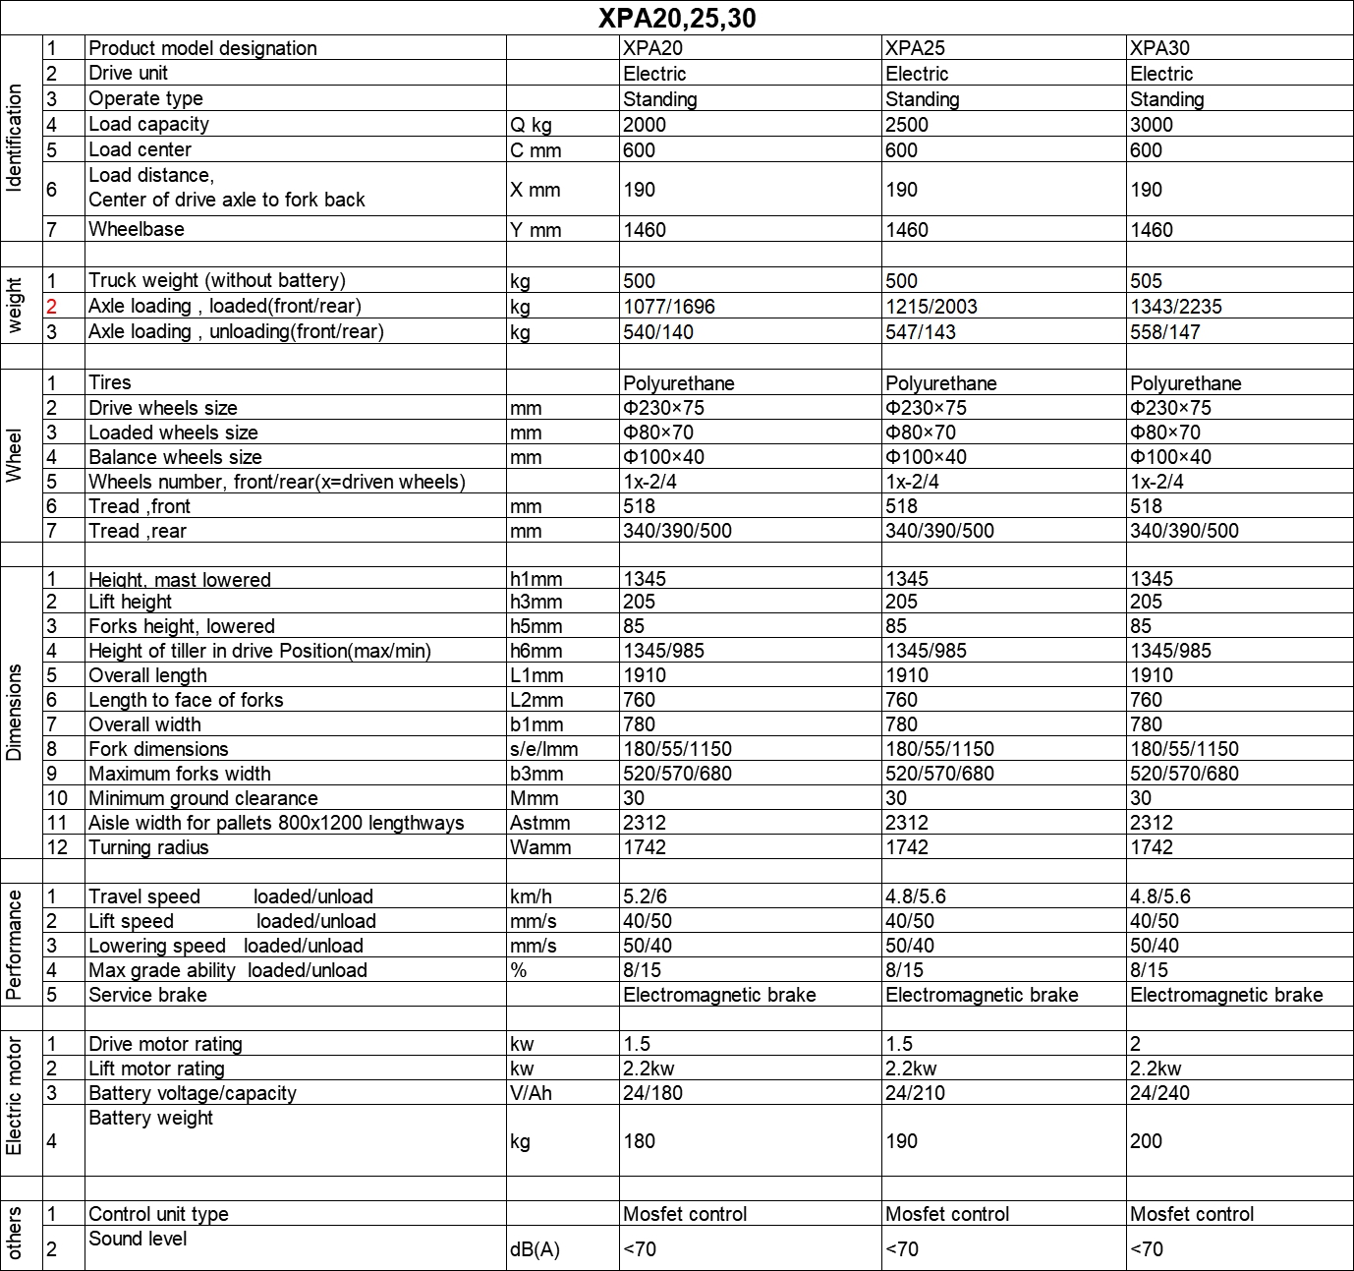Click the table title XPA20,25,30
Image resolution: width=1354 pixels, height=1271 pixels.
(x=677, y=19)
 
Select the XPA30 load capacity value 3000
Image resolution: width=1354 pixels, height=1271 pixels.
(x=1152, y=125)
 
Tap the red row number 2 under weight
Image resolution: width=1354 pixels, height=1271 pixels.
(x=52, y=306)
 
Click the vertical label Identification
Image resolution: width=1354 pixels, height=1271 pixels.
(x=15, y=138)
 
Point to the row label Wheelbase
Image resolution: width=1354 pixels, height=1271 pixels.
(x=137, y=230)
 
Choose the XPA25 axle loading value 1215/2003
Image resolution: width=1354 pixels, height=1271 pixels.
(x=931, y=307)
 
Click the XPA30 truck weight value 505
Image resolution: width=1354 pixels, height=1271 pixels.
(x=1146, y=281)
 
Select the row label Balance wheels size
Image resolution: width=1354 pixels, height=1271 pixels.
(x=175, y=457)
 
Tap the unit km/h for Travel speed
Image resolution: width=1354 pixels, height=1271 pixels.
(x=531, y=896)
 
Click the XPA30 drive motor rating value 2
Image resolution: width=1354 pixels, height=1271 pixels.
(x=1135, y=1044)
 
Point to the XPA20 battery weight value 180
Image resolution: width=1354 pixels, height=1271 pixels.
(x=639, y=1141)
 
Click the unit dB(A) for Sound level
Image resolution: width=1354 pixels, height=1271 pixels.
(x=535, y=1249)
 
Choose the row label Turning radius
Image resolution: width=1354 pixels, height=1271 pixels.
(x=148, y=847)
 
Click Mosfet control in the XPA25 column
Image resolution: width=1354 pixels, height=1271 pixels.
(x=946, y=1214)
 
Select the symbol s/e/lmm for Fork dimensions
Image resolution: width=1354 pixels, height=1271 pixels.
(x=543, y=749)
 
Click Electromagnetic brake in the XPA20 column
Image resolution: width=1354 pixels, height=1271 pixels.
(x=719, y=995)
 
